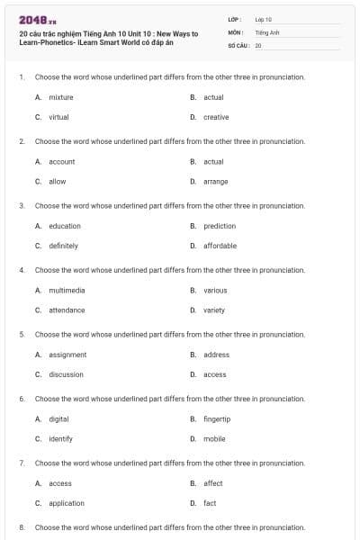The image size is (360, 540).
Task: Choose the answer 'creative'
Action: [216, 117]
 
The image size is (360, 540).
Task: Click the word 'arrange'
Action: [215, 181]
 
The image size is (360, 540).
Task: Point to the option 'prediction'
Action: [220, 226]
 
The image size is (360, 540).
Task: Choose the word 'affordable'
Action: [220, 246]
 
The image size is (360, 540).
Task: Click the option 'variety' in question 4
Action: [214, 310]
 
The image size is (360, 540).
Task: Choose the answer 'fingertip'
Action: [218, 418]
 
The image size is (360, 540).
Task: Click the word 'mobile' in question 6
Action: [214, 438]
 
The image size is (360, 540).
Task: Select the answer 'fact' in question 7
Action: [210, 503]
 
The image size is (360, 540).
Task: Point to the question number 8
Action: [22, 527]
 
